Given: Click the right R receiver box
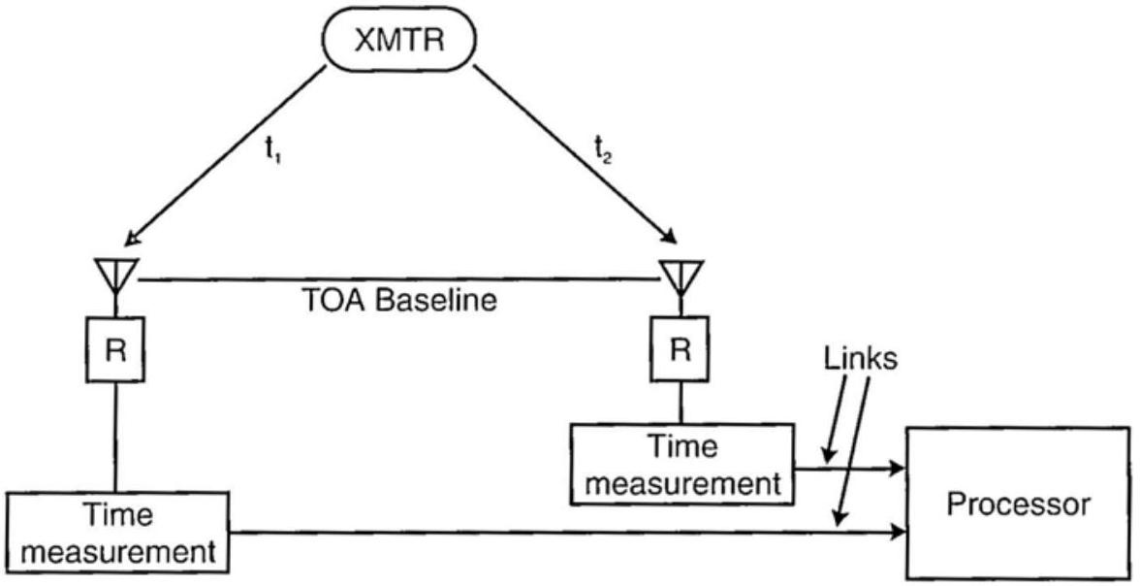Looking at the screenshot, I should pyautogui.click(x=681, y=348).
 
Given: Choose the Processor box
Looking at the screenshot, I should pyautogui.click(x=1018, y=504).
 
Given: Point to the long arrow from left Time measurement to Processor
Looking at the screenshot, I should pyautogui.click(x=562, y=532).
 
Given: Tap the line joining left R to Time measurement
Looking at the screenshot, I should pyautogui.click(x=116, y=436).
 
